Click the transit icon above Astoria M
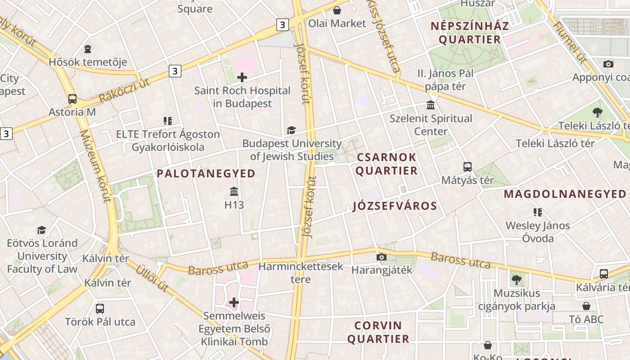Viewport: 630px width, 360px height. coord(72,99)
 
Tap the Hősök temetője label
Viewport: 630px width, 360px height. coord(88,62)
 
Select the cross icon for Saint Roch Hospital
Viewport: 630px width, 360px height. coord(242,77)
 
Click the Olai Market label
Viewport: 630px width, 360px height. coord(337,23)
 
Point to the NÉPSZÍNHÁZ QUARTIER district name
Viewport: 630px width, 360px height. coord(469,32)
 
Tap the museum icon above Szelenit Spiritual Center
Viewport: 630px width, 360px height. coord(431,105)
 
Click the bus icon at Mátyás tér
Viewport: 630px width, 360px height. coord(468,167)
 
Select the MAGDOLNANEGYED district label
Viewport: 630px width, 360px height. coord(565,194)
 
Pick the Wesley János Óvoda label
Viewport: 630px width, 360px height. coord(538,232)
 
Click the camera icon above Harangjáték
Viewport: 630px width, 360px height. coord(382,257)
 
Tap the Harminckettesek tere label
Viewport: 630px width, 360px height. coord(301,273)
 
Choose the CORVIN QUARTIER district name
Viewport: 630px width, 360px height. coord(378,332)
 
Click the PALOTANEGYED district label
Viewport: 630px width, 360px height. coord(206,173)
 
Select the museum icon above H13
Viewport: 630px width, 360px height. coord(234,192)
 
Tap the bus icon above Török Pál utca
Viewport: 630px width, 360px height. coord(100,309)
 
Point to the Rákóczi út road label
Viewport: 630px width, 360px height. coord(124,90)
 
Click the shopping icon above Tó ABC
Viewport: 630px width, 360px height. coord(586,306)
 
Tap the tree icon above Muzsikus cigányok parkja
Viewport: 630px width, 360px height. coord(516,280)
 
